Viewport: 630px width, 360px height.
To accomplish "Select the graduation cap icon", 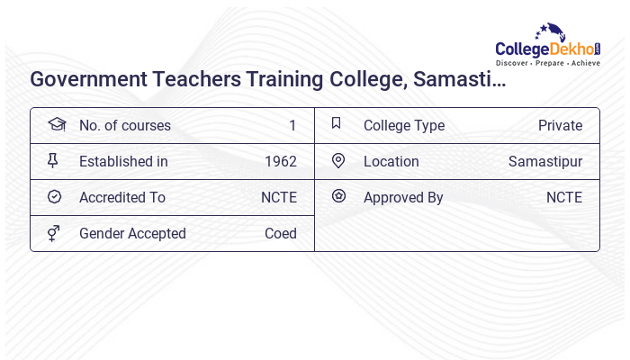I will (x=56, y=124).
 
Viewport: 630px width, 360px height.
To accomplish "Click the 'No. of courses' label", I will (x=124, y=125).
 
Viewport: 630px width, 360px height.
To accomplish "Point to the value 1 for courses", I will (x=292, y=125).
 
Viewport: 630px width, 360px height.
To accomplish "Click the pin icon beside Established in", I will (x=53, y=161).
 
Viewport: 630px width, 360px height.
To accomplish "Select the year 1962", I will (x=280, y=161).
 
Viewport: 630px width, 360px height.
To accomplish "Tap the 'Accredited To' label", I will (x=121, y=197).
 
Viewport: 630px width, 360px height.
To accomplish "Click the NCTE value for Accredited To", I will (x=278, y=197).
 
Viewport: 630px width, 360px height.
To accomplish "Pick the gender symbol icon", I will (x=53, y=233).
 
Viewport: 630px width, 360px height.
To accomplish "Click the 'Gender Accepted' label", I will (x=132, y=233).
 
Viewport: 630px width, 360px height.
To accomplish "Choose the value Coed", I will (x=280, y=233).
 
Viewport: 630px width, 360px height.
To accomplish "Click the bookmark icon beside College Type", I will (x=337, y=124).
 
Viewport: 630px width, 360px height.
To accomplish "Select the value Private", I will (x=560, y=125).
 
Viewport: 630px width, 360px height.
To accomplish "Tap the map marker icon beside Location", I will (x=338, y=161).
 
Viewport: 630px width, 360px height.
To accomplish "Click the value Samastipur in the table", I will (x=544, y=161).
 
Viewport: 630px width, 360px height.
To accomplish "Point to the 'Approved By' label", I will (x=403, y=197).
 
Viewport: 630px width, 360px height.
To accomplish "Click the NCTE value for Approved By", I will (x=563, y=197).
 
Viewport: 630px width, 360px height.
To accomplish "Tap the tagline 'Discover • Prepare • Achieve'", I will (x=547, y=63).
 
